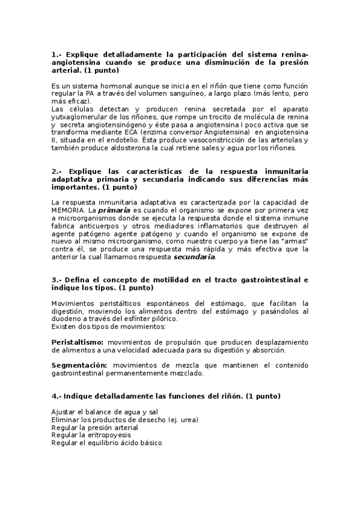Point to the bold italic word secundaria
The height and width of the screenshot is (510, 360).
[x=194, y=257]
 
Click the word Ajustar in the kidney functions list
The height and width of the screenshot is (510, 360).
[x=63, y=411]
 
